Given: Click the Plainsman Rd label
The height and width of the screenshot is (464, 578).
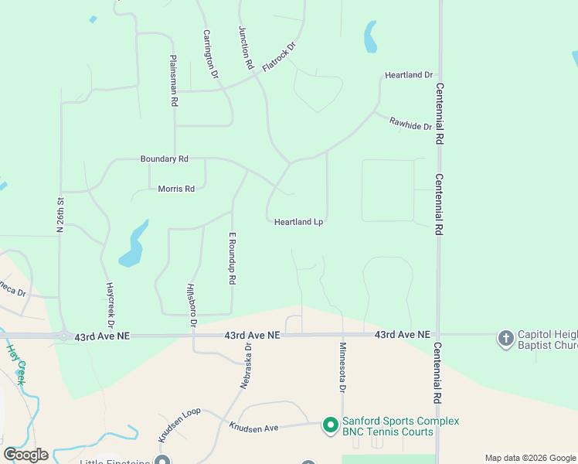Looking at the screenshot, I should tap(174, 80).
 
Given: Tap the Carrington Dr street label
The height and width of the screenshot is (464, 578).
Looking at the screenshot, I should tap(211, 53).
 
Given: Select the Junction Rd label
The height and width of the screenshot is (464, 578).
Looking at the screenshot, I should tap(246, 48).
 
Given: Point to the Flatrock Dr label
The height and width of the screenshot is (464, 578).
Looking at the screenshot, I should tap(279, 57).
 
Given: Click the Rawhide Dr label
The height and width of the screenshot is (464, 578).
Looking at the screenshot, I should tap(410, 121).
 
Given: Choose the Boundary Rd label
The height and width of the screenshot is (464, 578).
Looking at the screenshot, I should tap(164, 159).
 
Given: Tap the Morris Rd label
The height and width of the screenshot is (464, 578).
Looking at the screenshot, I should tap(176, 189).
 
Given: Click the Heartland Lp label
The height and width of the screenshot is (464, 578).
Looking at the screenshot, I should tap(298, 222).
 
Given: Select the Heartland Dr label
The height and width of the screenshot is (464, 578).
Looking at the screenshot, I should tap(409, 75).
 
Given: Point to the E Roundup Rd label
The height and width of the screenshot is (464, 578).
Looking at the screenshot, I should tap(231, 258).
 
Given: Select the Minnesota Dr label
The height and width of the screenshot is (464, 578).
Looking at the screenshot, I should tap(341, 366).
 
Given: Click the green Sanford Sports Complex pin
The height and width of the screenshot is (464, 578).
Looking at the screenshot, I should tap(330, 425).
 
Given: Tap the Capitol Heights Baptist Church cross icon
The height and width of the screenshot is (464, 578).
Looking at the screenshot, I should tap(505, 338).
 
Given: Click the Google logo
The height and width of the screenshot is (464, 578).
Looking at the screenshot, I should tap(25, 454).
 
